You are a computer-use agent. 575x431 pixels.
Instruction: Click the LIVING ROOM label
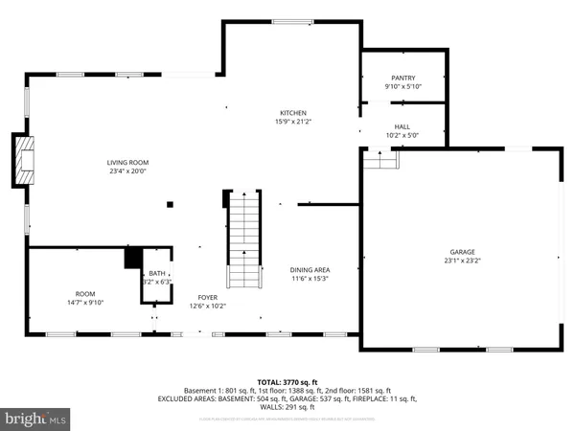point(127,162)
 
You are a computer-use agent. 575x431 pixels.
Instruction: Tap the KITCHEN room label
point(292,112)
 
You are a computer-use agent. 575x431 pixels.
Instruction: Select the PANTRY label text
point(402,78)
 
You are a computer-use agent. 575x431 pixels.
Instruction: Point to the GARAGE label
point(462,252)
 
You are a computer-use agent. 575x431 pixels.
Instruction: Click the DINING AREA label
point(310,270)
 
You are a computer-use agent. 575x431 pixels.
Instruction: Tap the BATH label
point(155,274)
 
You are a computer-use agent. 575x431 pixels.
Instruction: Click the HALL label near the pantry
point(402,126)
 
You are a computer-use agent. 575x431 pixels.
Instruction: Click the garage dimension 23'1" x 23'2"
point(462,261)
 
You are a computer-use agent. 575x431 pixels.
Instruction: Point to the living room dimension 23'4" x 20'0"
point(127,171)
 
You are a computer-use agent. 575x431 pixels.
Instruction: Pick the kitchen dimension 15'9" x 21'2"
point(292,122)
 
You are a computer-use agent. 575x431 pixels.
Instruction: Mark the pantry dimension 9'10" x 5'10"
point(402,86)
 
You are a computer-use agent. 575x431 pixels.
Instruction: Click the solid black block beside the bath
point(133,258)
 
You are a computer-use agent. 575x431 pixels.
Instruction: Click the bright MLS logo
point(36,418)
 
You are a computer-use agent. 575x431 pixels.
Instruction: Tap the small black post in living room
point(170,203)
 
